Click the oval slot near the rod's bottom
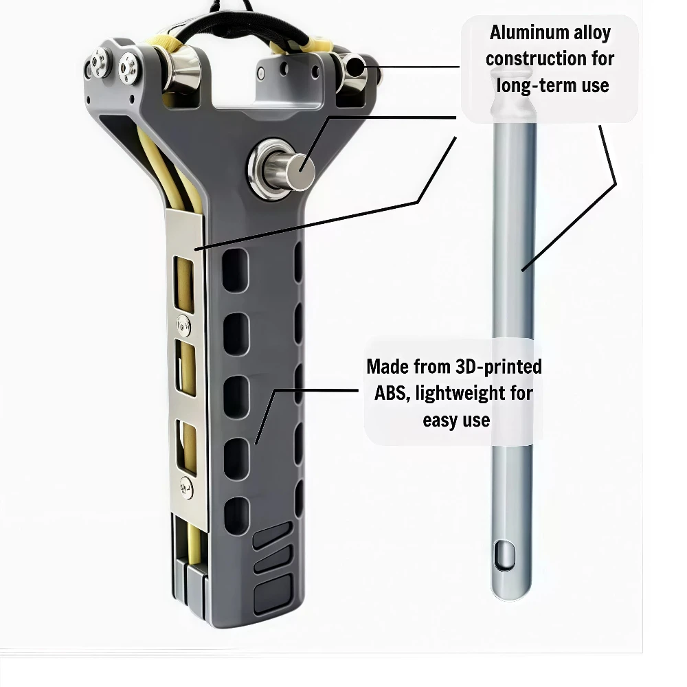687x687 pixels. [504, 555]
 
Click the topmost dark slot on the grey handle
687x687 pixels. [235, 269]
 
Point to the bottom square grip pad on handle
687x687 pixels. [273, 594]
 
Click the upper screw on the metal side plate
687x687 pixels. [183, 325]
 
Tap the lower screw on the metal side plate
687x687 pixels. [186, 488]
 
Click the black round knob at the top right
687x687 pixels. [356, 67]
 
